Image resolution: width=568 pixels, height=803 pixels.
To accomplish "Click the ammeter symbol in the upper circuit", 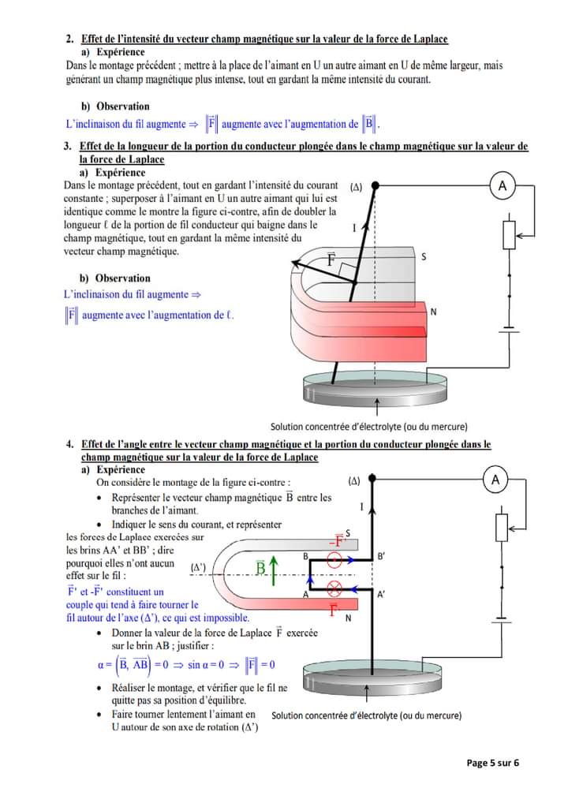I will [503, 185].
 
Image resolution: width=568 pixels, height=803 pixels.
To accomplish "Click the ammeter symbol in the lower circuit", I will [495, 480].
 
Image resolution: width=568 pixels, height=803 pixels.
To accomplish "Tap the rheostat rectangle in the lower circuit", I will [501, 526].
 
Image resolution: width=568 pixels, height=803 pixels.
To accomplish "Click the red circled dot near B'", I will [334, 561].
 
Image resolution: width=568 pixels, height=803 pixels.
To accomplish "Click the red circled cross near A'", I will [334, 589].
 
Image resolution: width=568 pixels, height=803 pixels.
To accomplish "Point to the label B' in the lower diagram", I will [382, 555].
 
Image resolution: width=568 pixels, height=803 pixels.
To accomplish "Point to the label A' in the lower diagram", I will [381, 595].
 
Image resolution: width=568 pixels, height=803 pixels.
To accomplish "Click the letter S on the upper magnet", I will [424, 256].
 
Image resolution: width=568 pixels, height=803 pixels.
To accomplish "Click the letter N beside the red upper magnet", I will [433, 312].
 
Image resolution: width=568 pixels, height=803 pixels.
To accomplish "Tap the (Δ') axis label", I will [199, 566].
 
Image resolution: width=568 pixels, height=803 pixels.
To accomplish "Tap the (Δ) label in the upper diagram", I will [356, 187].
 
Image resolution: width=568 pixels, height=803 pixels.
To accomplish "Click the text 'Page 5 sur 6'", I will [494, 762].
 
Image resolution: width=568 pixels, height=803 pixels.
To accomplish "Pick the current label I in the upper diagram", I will [354, 228].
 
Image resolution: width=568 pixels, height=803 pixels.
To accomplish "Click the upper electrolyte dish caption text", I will [368, 425].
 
